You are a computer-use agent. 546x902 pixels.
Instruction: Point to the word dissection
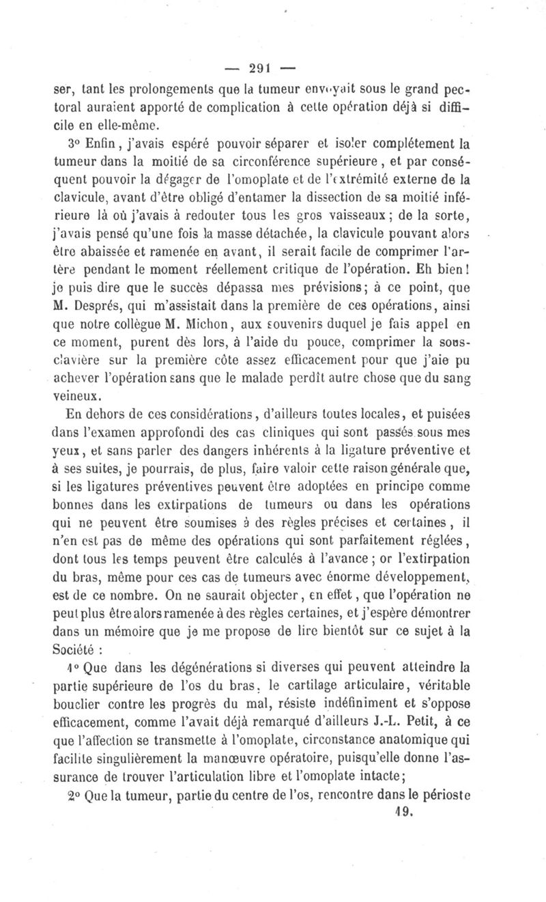(x=334, y=199)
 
